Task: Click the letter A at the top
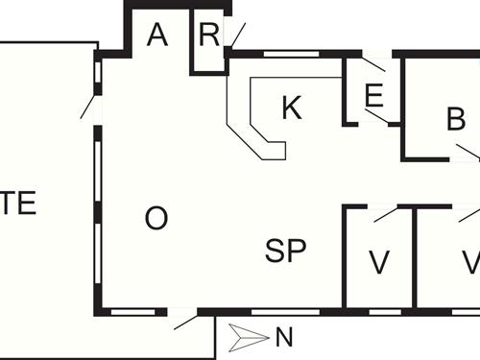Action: tap(158, 36)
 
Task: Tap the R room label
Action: tap(209, 36)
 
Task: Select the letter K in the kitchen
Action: tap(292, 108)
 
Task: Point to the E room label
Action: tap(374, 95)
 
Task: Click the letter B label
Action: tap(456, 120)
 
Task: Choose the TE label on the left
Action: tap(19, 204)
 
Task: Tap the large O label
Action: tap(156, 219)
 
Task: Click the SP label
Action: tap(286, 252)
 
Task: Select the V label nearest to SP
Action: tap(379, 261)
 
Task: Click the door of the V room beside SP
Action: tap(386, 212)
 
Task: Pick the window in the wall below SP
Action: tap(274, 312)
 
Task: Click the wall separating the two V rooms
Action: tap(415, 259)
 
